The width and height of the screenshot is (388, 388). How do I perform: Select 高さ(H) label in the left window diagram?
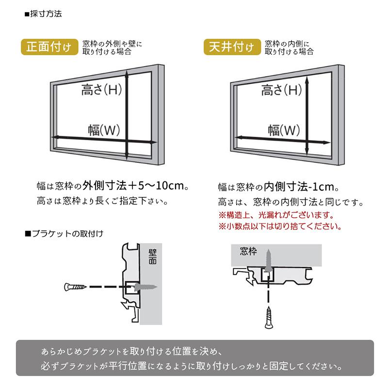click(x=101, y=90)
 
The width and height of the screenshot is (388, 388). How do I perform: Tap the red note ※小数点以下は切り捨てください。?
click(x=279, y=226)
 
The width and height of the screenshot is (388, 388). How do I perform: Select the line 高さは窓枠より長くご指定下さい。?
click(x=104, y=200)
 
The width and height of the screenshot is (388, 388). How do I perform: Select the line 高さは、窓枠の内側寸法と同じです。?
click(x=291, y=202)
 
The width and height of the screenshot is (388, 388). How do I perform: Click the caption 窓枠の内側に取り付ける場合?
click(x=289, y=47)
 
